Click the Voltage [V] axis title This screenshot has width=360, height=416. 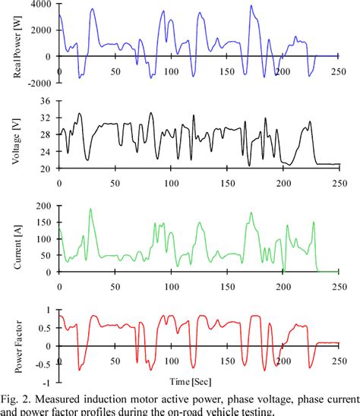pyautogui.click(x=16, y=136)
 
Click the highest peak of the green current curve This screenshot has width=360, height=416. pyautogui.click(x=90, y=209)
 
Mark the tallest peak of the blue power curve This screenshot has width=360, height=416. pyautogui.click(x=252, y=6)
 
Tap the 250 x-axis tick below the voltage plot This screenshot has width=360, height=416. pyautogui.click(x=338, y=183)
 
